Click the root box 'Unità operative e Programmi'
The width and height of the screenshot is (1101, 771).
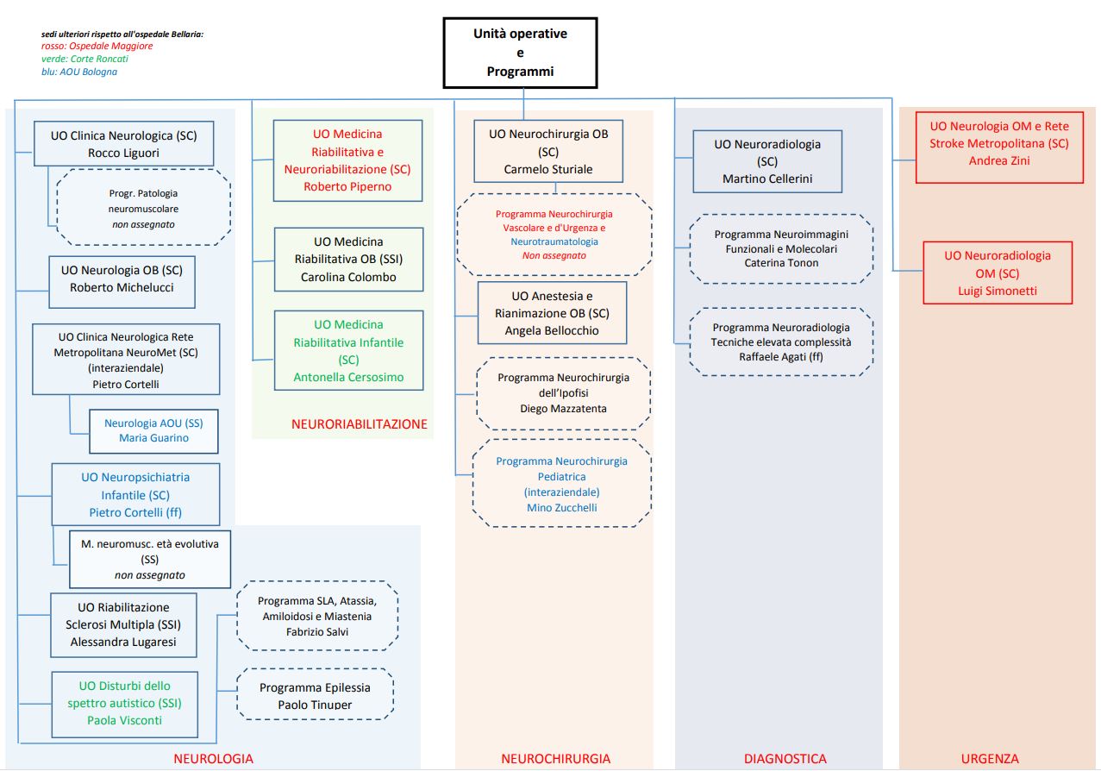[520, 53]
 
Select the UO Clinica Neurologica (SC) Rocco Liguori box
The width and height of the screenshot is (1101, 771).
[123, 144]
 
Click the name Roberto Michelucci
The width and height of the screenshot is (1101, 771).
[122, 287]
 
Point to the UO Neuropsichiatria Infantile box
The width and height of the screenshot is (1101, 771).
[135, 494]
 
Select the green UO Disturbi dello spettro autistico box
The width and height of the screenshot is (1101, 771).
[124, 703]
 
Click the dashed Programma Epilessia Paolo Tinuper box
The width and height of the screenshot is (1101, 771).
[315, 696]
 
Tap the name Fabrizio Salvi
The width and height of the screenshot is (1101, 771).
[316, 631]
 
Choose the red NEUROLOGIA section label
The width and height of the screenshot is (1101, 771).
[213, 759]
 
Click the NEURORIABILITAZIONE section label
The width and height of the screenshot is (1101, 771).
[359, 423]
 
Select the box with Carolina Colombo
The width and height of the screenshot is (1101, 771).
[348, 259]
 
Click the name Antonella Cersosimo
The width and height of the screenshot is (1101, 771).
[348, 377]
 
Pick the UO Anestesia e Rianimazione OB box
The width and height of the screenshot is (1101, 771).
[553, 313]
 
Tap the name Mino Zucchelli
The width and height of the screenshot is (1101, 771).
[561, 507]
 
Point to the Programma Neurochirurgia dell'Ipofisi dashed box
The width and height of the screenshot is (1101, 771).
[563, 392]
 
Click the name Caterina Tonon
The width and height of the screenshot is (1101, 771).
[781, 263]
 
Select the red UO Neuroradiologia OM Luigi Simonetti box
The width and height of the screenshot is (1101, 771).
[998, 273]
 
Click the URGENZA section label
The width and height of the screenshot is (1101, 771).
[989, 759]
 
